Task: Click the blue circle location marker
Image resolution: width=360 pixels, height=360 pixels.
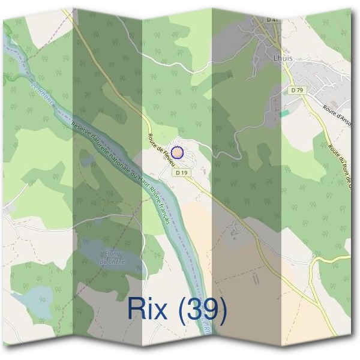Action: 177,152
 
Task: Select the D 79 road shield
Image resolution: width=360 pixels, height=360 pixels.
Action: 295,90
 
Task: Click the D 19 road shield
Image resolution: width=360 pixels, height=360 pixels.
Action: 183,172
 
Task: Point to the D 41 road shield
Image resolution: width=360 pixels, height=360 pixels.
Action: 272,20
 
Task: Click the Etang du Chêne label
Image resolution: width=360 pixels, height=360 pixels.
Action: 112,257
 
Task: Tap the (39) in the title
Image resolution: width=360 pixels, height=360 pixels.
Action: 204,310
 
